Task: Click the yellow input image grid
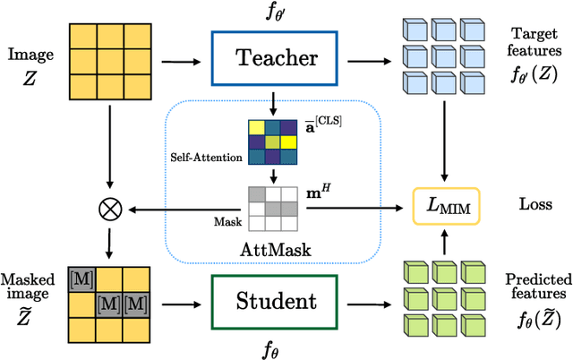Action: pyautogui.click(x=108, y=60)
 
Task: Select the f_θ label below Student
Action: pyautogui.click(x=277, y=347)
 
